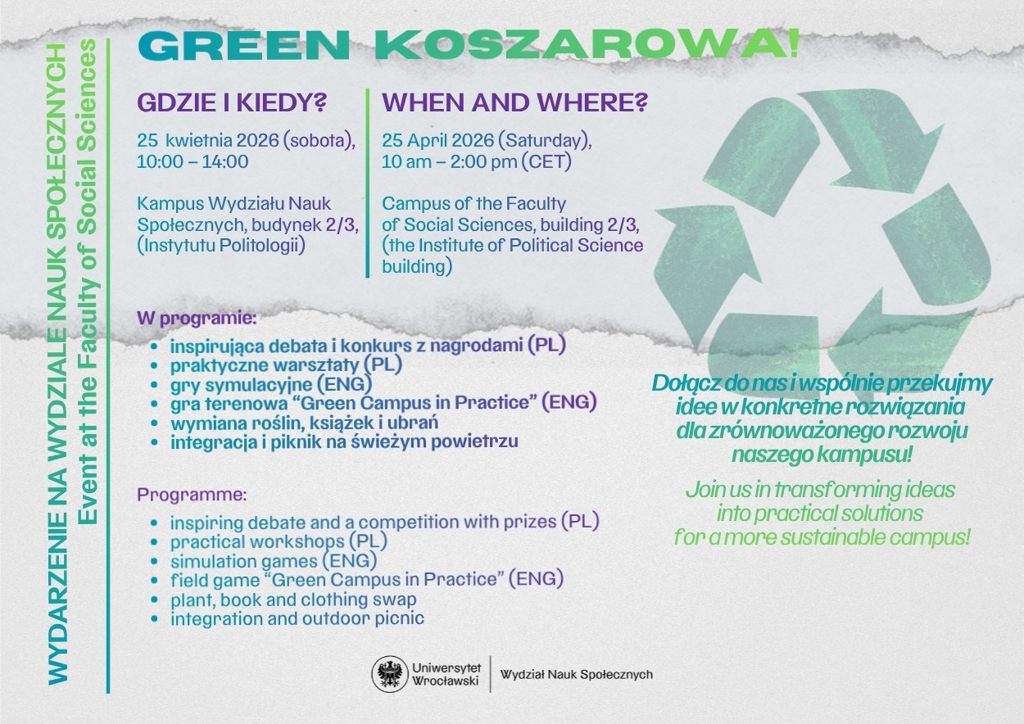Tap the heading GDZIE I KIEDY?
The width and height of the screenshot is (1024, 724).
[x=232, y=102]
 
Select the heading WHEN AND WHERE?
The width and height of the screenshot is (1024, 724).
[x=514, y=102]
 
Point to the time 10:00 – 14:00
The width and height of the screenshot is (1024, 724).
[x=193, y=162]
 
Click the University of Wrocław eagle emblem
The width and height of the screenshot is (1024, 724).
[x=389, y=674]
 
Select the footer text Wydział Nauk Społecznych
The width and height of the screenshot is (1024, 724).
[x=577, y=675]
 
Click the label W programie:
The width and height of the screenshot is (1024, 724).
[x=197, y=319]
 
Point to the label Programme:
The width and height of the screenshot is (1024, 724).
[x=192, y=495]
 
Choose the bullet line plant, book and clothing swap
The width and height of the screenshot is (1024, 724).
[x=293, y=600]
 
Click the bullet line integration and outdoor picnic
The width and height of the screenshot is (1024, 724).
[x=297, y=618]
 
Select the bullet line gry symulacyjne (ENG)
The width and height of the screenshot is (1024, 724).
[x=271, y=385]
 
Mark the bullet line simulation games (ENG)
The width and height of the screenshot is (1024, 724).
[x=274, y=561]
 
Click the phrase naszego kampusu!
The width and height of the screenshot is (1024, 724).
[x=822, y=455]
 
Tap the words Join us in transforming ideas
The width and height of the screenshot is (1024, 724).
[x=820, y=490]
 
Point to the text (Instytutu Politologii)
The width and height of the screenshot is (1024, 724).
[x=221, y=246]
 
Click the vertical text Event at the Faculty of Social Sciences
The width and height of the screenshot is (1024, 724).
[x=88, y=282]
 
